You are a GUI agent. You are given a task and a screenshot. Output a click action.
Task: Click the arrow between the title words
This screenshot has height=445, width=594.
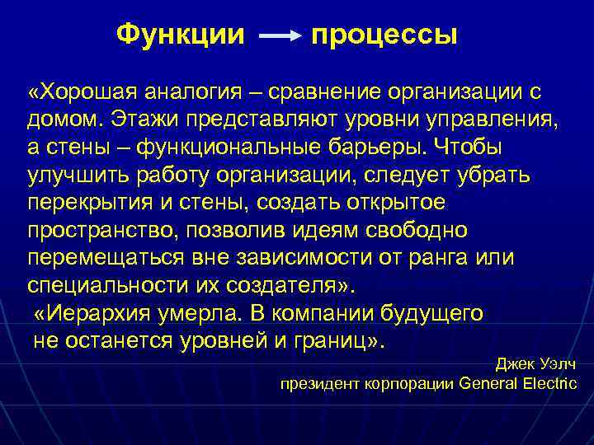coord(280,37)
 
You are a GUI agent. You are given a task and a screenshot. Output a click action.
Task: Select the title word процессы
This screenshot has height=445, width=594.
coord(384,35)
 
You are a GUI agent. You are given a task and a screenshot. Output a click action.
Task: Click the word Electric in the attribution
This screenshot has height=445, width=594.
coord(550,383)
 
